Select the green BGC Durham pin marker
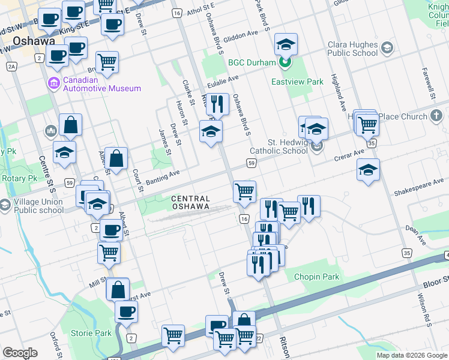coord(286,62)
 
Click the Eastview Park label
coord(297,82)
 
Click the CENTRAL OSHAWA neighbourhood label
coord(190,202)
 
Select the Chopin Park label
coord(316,277)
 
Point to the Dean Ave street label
coord(415,227)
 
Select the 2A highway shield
coord(13,67)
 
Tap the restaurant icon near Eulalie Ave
coord(217,104)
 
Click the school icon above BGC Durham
coord(286,43)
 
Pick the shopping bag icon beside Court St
coord(116,158)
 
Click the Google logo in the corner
coord(20,353)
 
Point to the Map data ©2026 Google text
coord(411,355)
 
